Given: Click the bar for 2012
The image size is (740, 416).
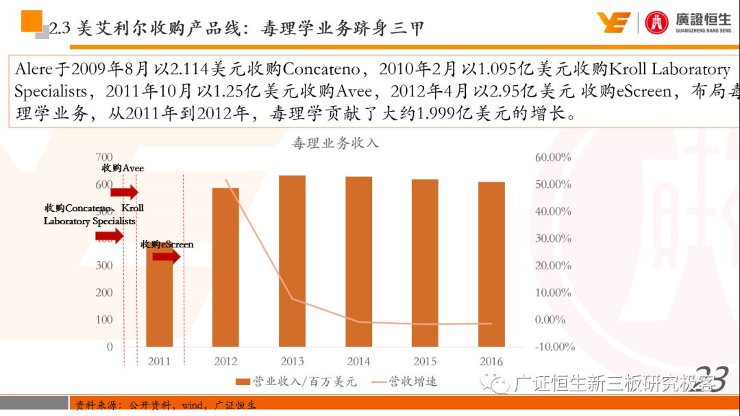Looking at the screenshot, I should tap(225, 267).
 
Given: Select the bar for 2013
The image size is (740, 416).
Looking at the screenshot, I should tap(292, 261).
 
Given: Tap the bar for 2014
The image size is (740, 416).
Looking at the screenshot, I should tap(358, 262).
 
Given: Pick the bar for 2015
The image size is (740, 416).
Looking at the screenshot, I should tap(425, 263).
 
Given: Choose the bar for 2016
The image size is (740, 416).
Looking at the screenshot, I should tap(491, 265).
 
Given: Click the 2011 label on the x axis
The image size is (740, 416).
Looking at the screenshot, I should tap(159, 361).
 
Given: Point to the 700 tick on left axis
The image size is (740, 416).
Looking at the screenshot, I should tap(104, 158).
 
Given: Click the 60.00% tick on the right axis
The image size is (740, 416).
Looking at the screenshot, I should tap(552, 158).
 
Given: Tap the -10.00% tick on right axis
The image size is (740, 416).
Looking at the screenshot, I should tap(552, 347).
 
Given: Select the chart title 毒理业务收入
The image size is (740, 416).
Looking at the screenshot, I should tap(335, 143).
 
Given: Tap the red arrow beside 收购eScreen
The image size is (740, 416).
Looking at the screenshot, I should tap(166, 257).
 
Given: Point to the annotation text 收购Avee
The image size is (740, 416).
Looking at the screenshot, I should tap(123, 168).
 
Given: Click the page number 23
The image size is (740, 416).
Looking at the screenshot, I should tap(710, 379).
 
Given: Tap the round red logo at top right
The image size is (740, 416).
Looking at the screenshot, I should tap(656, 23).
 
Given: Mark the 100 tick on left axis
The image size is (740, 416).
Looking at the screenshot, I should tap(104, 319).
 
